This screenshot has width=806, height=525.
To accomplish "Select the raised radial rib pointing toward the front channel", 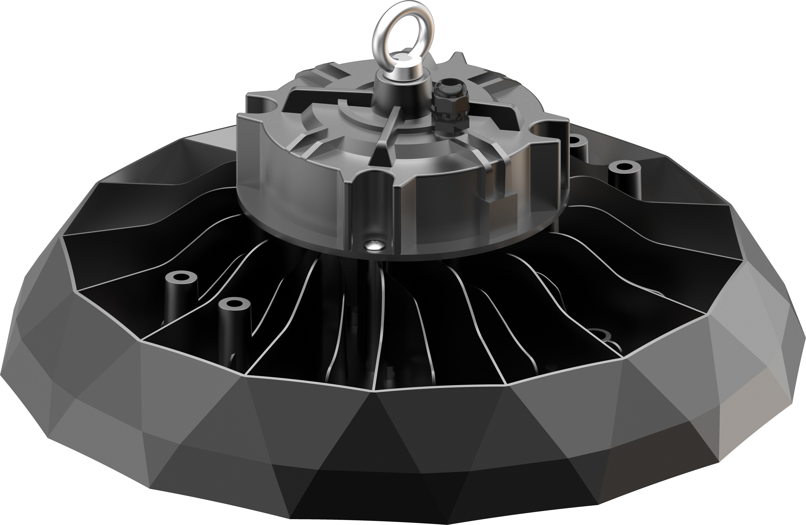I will click(386, 136).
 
